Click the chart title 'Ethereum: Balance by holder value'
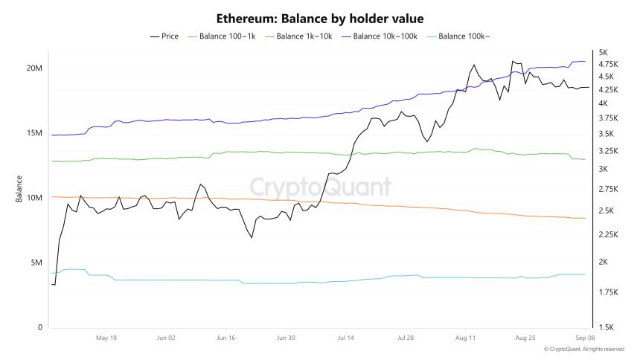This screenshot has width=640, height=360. (319, 17)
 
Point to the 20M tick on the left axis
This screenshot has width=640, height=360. (33, 68)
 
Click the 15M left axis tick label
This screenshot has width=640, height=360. (33, 133)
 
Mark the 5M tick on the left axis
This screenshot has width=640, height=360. (36, 263)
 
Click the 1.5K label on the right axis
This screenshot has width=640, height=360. (606, 327)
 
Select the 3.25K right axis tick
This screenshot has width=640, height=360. (608, 151)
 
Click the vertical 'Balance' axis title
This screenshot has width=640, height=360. (19, 189)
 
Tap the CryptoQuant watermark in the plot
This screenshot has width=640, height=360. (320, 186)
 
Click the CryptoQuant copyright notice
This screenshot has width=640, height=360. (583, 349)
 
